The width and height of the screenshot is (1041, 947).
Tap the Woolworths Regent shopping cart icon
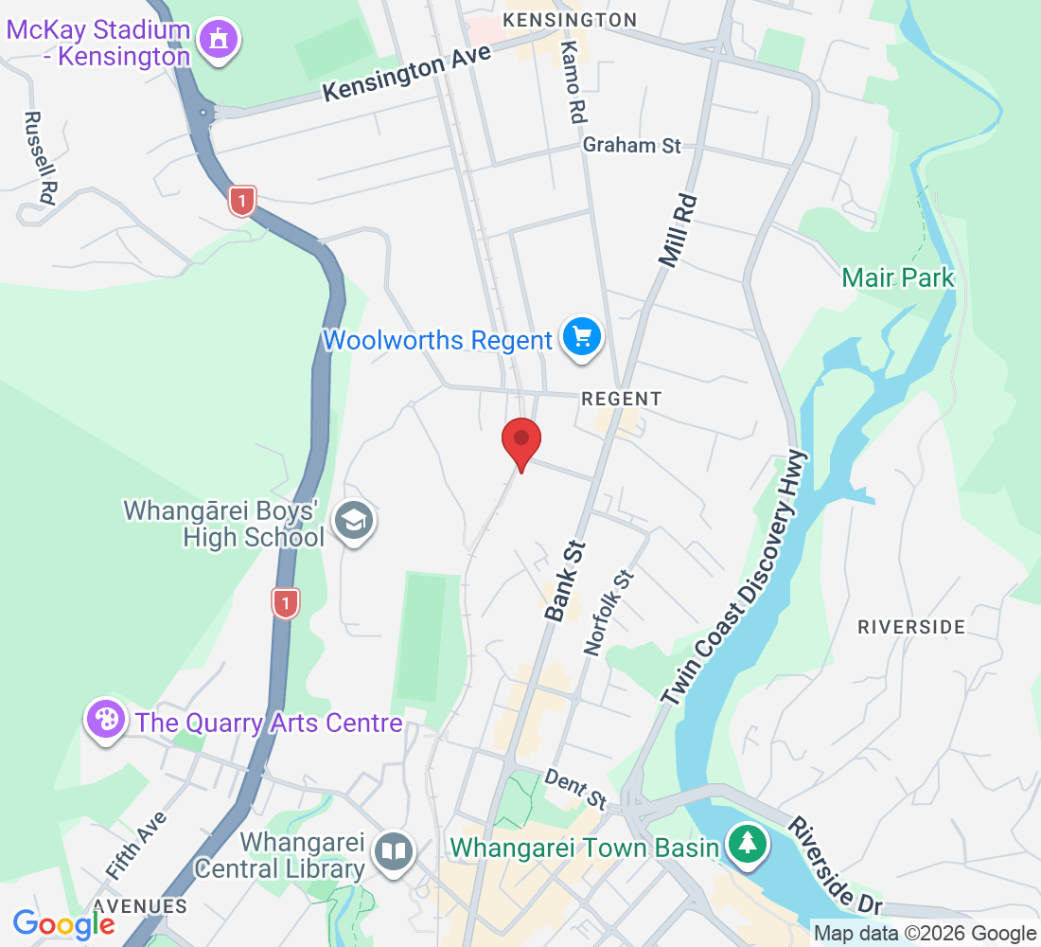click(x=581, y=337)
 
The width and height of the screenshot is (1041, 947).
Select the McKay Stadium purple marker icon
click(x=220, y=40)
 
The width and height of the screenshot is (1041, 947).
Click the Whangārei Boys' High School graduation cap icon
click(x=355, y=520)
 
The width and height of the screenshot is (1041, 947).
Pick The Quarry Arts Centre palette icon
click(x=106, y=720)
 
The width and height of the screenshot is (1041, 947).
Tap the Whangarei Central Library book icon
click(x=393, y=850)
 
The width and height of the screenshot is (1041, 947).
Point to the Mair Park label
click(x=898, y=277)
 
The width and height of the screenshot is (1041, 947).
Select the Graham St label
click(x=631, y=146)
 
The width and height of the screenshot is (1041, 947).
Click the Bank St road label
click(x=566, y=581)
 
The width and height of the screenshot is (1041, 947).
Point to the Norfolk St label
click(x=609, y=613)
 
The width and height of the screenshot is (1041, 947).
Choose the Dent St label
click(x=575, y=788)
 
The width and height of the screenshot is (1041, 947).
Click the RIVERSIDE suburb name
click(x=910, y=627)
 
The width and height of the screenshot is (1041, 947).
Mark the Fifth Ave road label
click(x=136, y=844)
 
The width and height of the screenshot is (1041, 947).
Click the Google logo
click(x=63, y=924)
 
